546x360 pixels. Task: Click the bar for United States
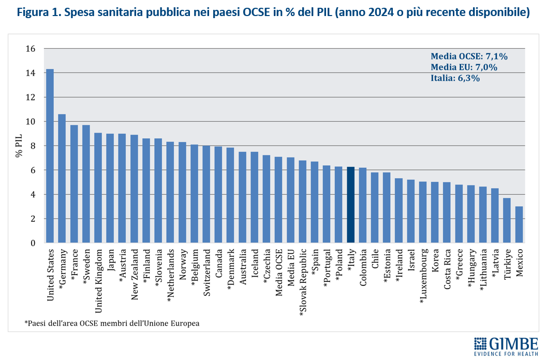click(x=50, y=155)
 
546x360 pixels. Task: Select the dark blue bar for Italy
click(x=350, y=205)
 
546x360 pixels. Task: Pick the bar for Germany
click(x=62, y=178)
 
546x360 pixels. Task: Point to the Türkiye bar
click(x=507, y=220)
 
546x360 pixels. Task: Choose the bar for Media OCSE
click(x=278, y=199)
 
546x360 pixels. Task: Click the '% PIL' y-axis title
click(x=19, y=146)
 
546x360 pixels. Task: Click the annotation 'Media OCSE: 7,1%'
click(x=469, y=56)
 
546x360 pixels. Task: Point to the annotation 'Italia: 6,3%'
click(x=455, y=78)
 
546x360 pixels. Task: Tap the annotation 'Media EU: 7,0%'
click(x=464, y=67)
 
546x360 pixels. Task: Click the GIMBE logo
click(x=506, y=346)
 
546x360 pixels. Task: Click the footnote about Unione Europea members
click(x=112, y=323)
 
